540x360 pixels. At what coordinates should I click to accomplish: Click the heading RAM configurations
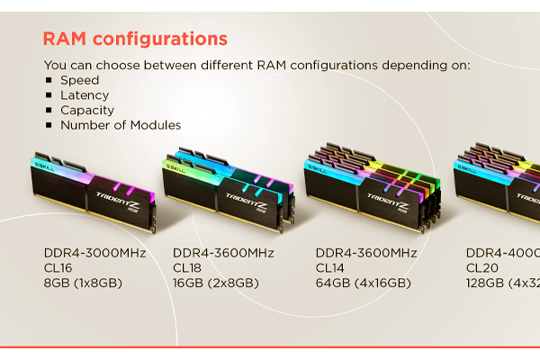(x=135, y=40)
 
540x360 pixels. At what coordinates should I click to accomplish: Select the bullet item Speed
(x=79, y=80)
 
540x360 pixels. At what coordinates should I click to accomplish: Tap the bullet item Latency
(x=85, y=95)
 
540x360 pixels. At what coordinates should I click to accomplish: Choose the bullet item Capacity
(x=86, y=111)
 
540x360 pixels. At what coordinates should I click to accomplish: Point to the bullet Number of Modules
(x=121, y=125)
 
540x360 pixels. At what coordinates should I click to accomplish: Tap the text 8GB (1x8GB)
(x=83, y=283)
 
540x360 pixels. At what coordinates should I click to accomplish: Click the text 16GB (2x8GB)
(x=215, y=283)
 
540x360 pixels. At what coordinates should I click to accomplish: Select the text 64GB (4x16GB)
(x=363, y=283)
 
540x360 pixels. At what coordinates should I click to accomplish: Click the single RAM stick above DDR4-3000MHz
(x=94, y=188)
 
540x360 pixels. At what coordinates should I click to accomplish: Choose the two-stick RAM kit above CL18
(x=229, y=187)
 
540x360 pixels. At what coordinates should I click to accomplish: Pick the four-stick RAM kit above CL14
(x=372, y=184)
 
